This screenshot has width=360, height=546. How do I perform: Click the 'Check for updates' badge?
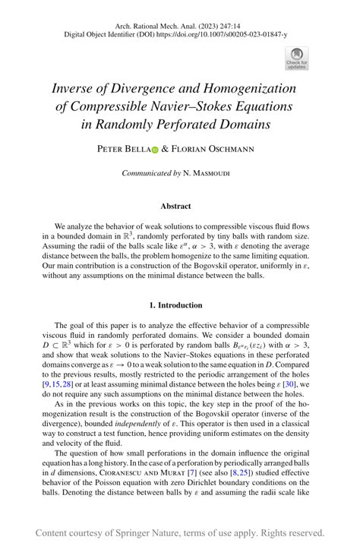click(x=296, y=57)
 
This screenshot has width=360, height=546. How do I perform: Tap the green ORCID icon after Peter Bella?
click(x=156, y=150)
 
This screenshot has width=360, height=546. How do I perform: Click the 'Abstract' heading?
click(x=180, y=206)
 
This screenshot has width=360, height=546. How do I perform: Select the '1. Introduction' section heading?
click(x=180, y=305)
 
